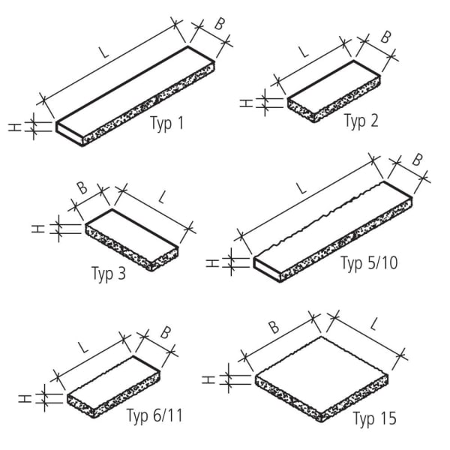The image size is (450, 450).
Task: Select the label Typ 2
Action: point(361,121)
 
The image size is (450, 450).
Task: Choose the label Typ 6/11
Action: point(154,415)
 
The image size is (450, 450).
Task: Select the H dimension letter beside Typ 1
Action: point(13,127)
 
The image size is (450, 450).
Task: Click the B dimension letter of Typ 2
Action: point(385,36)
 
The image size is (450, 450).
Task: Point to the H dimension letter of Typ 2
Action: point(244,102)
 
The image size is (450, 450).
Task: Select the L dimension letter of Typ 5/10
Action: point(301,190)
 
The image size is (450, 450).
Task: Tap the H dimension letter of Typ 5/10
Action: point(211,262)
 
